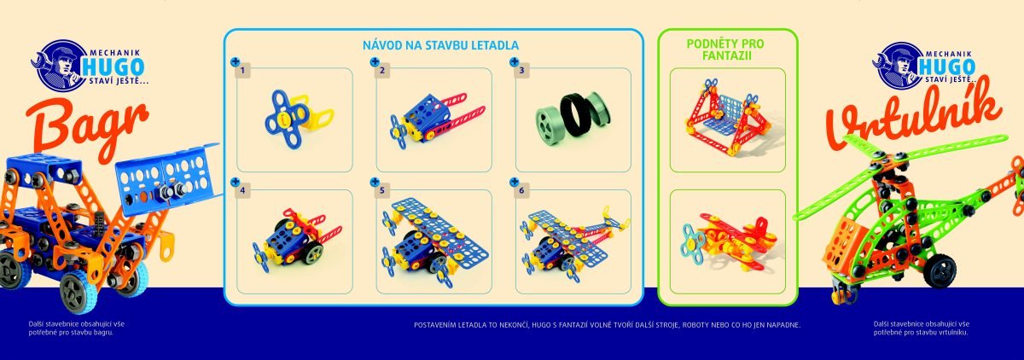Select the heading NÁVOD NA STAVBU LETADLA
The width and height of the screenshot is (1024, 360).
pyautogui.click(x=440, y=45)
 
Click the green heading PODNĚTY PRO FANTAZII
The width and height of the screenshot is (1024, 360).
pyautogui.click(x=725, y=49)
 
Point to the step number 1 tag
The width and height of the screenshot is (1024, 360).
pyautogui.click(x=242, y=70)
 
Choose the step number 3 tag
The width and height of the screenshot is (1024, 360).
pyautogui.click(x=521, y=70)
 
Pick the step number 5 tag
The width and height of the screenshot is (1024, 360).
pyautogui.click(x=381, y=190)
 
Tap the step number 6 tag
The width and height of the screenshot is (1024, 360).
pyautogui.click(x=521, y=190)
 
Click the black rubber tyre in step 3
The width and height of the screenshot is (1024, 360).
pyautogui.click(x=577, y=119)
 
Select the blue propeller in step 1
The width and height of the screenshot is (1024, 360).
pyautogui.click(x=286, y=119)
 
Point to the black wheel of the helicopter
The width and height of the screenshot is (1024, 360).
pyautogui.click(x=940, y=271)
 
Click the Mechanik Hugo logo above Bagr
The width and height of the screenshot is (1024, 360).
pyautogui.click(x=88, y=65)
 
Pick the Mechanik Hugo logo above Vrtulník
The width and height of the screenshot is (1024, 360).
pyautogui.click(x=923, y=65)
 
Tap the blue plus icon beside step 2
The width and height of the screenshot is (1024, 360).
pyautogui.click(x=375, y=61)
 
